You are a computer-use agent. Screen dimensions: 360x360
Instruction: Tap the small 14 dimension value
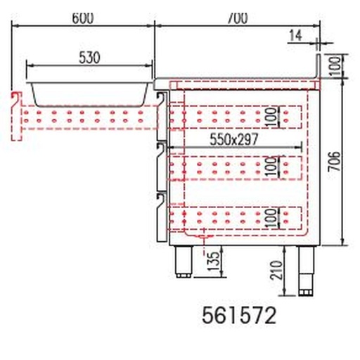pyautogui.click(x=295, y=34)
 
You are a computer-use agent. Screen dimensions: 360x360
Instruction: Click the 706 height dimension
pyautogui.click(x=337, y=163)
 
